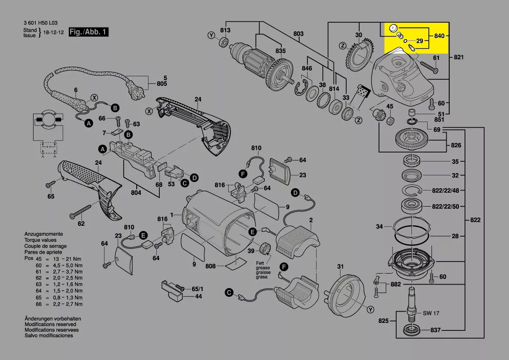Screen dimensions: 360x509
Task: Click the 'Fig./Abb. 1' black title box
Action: [88, 32]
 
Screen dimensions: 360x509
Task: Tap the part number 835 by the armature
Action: [280, 51]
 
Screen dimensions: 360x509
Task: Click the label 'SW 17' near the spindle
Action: [431, 313]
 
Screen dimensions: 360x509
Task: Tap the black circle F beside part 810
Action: [243, 174]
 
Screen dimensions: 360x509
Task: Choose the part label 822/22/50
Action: [445, 206]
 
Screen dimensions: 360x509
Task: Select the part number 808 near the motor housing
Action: [211, 266]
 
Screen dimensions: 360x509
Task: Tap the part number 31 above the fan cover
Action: [340, 267]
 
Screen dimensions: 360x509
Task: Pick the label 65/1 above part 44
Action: [197, 289]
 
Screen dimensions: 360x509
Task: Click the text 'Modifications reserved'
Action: [50, 324]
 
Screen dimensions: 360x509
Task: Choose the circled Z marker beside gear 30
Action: [343, 45]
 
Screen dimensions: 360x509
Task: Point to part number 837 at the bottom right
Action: [435, 330]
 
